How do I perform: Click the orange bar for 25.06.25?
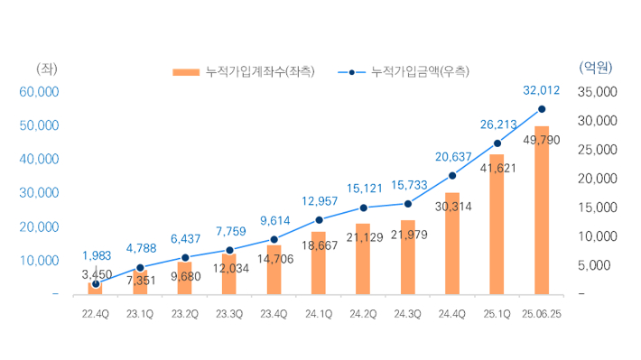[542, 226]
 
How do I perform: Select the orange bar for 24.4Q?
[452, 253]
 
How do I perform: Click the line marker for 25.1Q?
[497, 143]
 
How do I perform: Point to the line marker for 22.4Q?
[96, 283]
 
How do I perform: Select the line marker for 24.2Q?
[363, 208]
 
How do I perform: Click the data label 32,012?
[542, 90]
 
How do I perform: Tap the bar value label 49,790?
[542, 140]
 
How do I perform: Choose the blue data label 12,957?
[319, 200]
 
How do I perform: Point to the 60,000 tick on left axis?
[39, 91]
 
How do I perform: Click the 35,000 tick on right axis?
[596, 91]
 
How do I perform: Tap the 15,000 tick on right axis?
[596, 208]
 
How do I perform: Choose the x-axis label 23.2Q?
[185, 314]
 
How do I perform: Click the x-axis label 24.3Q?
[408, 314]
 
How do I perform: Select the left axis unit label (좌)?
[45, 68]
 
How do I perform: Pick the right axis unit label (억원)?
[594, 68]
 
